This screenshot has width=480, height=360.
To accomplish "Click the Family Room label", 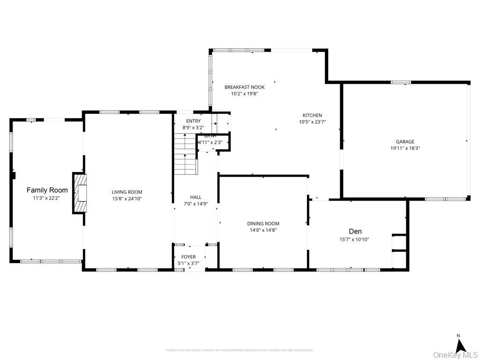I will pyautogui.click(x=47, y=190).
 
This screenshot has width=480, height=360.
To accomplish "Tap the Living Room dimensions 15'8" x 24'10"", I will pyautogui.click(x=127, y=199).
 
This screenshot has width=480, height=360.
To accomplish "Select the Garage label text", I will pyautogui.click(x=405, y=142).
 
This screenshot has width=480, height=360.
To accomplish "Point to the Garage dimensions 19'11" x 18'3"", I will pyautogui.click(x=405, y=148).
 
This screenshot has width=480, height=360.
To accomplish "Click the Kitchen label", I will pyautogui.click(x=312, y=115).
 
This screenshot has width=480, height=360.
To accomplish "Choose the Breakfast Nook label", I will pyautogui.click(x=244, y=87).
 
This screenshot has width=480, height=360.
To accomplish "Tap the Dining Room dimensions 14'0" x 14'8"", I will pyautogui.click(x=263, y=230).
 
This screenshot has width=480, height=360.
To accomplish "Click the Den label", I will pyautogui.click(x=355, y=232).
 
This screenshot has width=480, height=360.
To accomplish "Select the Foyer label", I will pyautogui.click(x=188, y=257).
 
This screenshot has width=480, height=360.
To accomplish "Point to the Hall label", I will pyautogui.click(x=195, y=197).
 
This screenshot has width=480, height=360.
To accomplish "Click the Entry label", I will pyautogui.click(x=193, y=121).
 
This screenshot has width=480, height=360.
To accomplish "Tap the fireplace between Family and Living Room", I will pyautogui.click(x=80, y=193).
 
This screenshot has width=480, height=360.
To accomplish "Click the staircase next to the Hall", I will pyautogui.click(x=186, y=154).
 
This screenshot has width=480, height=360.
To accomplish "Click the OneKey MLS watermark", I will pyautogui.click(x=455, y=354).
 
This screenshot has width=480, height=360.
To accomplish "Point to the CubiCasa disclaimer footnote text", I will pyautogui.click(x=240, y=350).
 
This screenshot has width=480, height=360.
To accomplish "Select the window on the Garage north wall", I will pyautogui.click(x=401, y=82).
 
